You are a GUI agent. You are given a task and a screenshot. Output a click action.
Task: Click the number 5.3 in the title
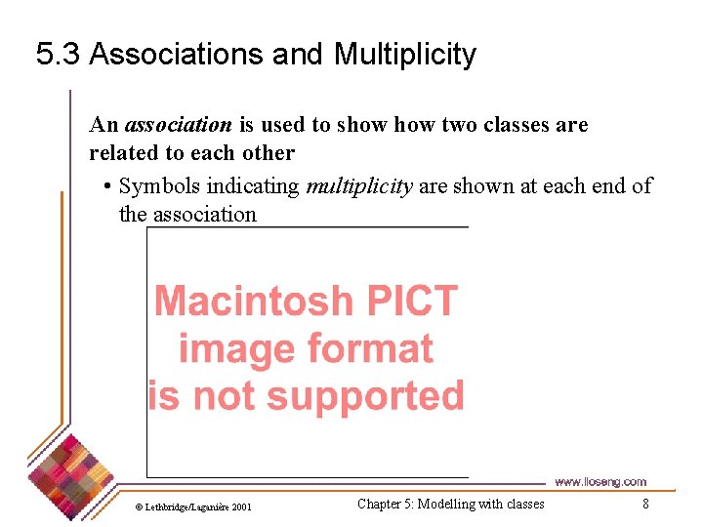(x=58, y=54)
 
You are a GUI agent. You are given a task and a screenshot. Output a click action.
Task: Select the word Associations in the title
(x=177, y=54)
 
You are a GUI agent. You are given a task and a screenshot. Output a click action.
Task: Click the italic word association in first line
(x=178, y=125)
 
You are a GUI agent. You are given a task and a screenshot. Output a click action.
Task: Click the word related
(x=122, y=153)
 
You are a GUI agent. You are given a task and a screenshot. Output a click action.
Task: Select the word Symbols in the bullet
(x=155, y=185)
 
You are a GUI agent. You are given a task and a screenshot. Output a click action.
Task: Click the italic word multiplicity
(x=358, y=185)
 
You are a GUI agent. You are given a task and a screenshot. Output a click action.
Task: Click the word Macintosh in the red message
(x=252, y=301)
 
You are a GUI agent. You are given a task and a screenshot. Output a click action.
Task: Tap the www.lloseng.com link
(x=600, y=481)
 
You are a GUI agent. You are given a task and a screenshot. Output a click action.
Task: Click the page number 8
(x=644, y=504)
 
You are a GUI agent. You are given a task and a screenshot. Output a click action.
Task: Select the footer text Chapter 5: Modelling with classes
(x=450, y=504)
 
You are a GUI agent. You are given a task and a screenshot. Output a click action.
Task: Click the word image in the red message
(x=238, y=348)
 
